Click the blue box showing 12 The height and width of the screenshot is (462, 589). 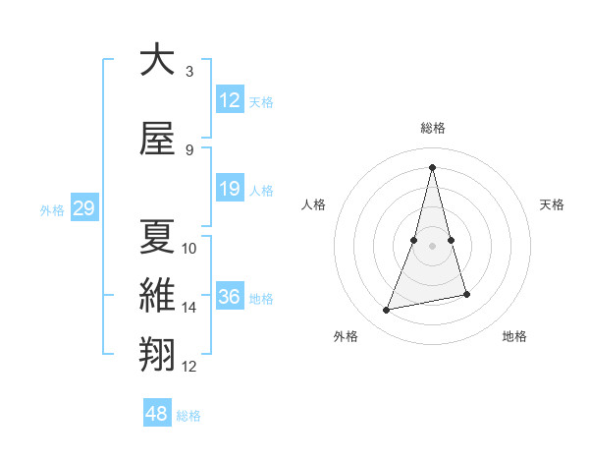230,100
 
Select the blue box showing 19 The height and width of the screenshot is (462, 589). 230,189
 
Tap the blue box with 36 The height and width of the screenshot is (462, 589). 230,297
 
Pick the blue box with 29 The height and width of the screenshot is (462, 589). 83,208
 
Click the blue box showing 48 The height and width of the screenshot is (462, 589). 157,414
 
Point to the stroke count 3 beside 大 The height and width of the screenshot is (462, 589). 189,72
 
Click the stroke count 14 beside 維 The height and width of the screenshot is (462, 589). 189,308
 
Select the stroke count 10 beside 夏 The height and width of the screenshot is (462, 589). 189,249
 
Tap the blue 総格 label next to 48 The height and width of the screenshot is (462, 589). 188,416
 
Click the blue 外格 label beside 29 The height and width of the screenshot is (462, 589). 52,209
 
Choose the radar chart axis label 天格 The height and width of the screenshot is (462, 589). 552,204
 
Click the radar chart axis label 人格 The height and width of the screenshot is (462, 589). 314,204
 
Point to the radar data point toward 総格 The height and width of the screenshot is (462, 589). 432,166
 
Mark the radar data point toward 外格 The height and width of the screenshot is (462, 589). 387,311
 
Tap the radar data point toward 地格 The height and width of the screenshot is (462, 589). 466,295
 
